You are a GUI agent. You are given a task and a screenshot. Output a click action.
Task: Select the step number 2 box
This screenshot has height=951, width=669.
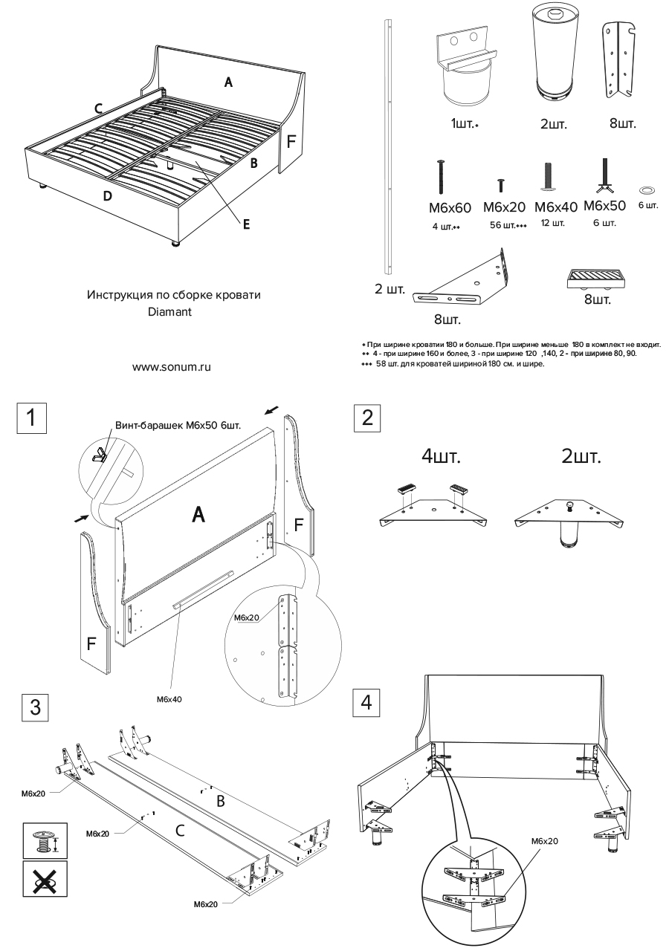pos(366,418)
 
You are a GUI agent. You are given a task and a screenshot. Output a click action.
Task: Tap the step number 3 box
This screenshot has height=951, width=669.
pos(35,706)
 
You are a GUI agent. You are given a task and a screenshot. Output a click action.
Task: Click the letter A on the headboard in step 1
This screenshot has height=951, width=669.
pos(198,513)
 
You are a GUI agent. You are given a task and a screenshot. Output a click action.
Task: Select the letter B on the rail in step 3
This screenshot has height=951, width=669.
pos(220,802)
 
